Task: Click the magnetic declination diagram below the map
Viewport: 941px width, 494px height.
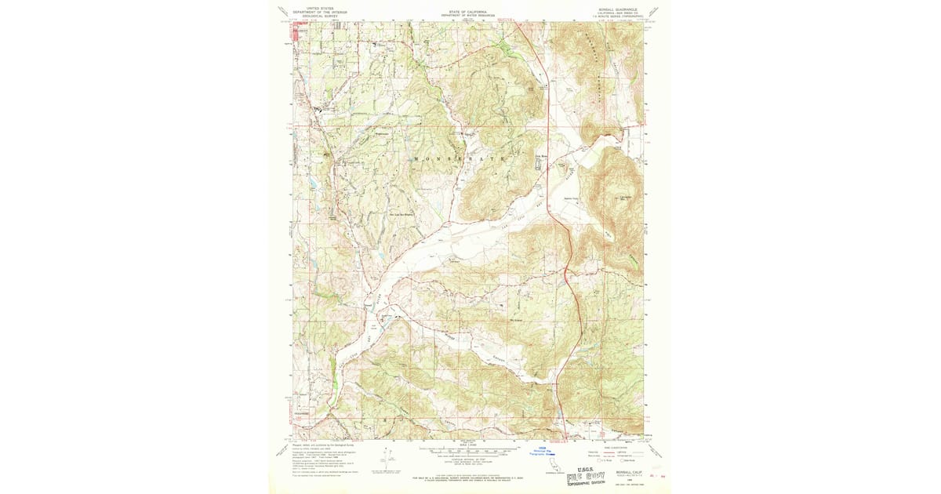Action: [x=389, y=458]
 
